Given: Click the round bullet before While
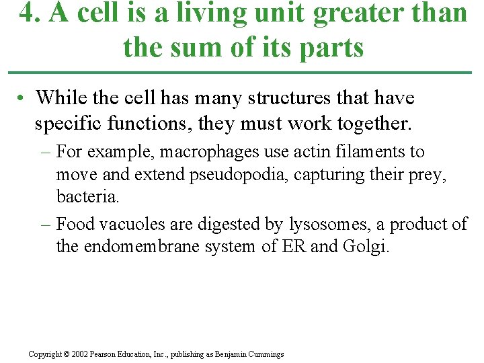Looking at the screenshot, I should (22, 99).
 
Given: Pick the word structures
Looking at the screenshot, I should (288, 98).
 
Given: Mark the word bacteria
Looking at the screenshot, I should (87, 198).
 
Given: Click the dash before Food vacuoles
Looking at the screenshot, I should (47, 224).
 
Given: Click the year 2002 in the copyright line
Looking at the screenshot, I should (80, 354).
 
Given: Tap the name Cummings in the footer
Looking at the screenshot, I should (265, 354).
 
